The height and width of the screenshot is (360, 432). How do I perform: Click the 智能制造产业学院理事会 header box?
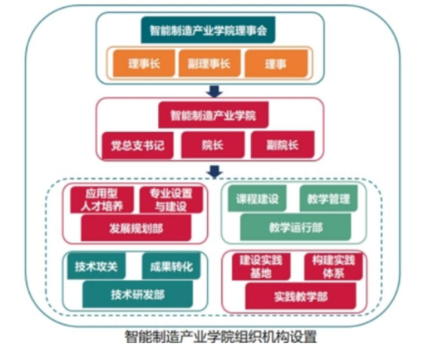point(208,30)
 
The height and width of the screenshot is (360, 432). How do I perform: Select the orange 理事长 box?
point(143,64)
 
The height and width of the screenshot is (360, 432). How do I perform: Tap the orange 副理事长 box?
point(209,64)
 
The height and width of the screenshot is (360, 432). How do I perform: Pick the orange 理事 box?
point(276,64)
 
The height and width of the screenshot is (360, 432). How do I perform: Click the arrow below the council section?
point(215,91)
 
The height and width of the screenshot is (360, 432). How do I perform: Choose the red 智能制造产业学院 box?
point(213,115)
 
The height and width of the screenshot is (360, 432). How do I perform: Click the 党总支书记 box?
point(137,145)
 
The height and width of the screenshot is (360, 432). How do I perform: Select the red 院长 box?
point(213,145)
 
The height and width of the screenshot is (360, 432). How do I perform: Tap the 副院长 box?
point(282,145)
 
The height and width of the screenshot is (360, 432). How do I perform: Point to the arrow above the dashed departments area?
point(215,172)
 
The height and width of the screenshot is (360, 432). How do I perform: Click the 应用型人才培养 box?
point(102,200)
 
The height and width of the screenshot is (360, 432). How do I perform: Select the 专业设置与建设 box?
point(171,200)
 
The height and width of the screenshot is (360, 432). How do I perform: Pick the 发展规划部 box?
point(136,228)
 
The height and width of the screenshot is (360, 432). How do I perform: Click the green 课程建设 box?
point(257,199)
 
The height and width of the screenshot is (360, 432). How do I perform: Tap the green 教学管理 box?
point(328,199)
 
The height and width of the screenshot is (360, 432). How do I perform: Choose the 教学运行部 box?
point(295,227)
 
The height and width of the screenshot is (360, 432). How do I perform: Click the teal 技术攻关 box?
point(96,266)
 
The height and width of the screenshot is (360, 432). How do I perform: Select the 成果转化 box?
point(171,266)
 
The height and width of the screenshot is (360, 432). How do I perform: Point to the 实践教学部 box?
point(301,296)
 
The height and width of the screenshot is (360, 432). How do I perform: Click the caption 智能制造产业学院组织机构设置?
point(221,336)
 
